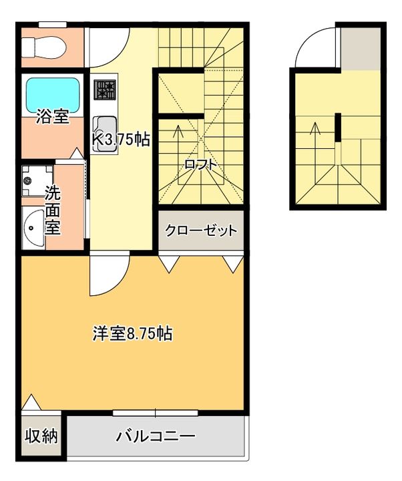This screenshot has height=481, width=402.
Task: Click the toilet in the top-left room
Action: point(41,46)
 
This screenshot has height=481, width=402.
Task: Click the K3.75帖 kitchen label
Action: point(120,139)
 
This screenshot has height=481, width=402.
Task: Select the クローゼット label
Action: point(201,231)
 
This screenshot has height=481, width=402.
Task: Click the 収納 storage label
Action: point(41,437)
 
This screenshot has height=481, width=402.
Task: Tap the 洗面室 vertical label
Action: point(53,210)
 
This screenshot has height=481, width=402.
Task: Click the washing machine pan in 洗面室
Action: point(31,179)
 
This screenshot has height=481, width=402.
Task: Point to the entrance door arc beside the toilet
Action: point(106,44)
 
